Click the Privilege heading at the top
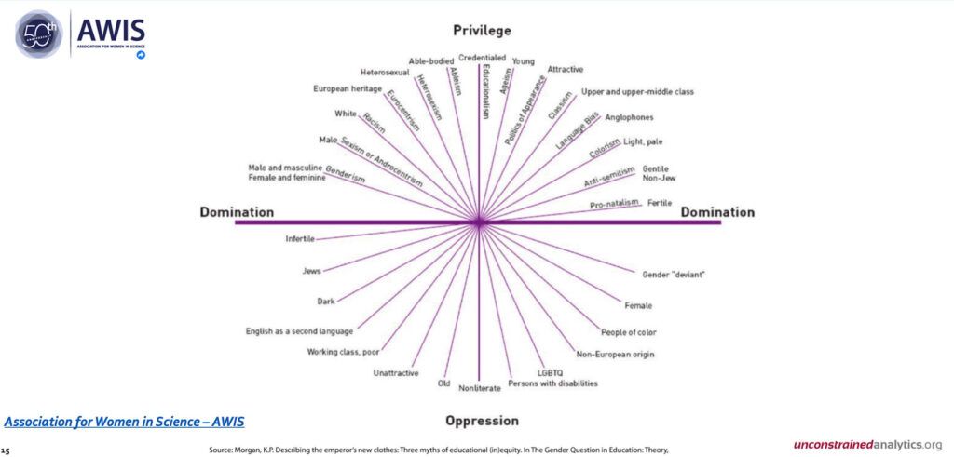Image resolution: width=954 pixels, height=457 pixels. click(x=482, y=31)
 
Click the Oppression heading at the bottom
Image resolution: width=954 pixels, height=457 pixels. click(x=482, y=421)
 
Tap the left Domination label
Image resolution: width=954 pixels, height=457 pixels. click(x=237, y=212)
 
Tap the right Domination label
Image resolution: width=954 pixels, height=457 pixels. click(x=717, y=212)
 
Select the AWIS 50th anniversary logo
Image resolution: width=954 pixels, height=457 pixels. click(x=79, y=34)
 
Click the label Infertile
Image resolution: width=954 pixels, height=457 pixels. click(x=299, y=239)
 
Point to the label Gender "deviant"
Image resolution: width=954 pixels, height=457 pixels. click(x=674, y=275)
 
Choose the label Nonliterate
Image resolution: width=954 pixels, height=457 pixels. click(x=480, y=388)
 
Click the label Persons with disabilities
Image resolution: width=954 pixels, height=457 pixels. click(x=553, y=383)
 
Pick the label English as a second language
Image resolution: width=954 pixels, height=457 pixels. click(x=299, y=331)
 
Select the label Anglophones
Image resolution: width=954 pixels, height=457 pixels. click(x=629, y=117)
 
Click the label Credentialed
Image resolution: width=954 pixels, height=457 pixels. click(x=483, y=58)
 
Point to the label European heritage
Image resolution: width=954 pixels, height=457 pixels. click(x=347, y=88)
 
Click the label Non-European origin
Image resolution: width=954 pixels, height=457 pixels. click(x=615, y=354)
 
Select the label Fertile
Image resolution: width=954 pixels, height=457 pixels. click(x=660, y=202)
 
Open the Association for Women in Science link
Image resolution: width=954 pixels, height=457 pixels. click(x=124, y=422)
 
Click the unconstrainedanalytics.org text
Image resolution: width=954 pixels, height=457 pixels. click(x=868, y=444)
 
